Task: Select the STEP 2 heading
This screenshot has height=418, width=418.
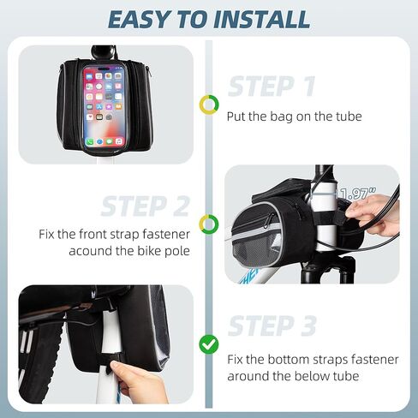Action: [145, 206]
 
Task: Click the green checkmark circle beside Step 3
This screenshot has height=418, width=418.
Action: [209, 344]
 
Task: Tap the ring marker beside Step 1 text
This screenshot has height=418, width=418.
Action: [209, 104]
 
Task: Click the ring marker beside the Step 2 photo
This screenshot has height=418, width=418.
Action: [209, 224]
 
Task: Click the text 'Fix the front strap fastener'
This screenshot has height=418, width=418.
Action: [112, 233]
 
